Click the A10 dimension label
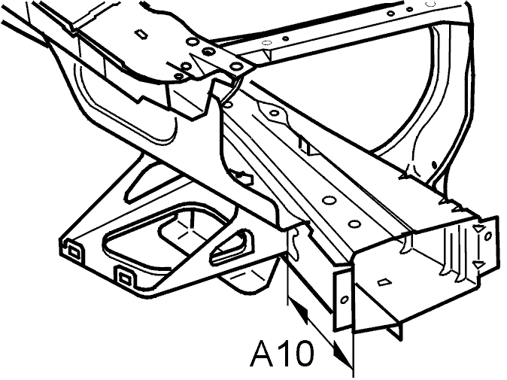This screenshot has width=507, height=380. (x=282, y=353)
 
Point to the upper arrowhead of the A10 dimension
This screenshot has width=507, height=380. (x=299, y=311)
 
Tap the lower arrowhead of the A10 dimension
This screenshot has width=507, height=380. (x=342, y=354)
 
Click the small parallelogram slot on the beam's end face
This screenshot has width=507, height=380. (x=384, y=282)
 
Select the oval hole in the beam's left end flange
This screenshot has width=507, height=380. (x=345, y=300)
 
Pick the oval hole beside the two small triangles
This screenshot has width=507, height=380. (x=488, y=236)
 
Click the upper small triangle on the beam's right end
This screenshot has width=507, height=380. (x=478, y=229)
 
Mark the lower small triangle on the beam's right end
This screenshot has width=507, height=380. (x=478, y=265)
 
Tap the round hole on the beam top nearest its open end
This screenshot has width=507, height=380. (x=354, y=224)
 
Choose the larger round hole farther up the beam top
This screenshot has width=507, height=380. (x=329, y=200)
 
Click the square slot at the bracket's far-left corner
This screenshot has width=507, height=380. (x=73, y=252)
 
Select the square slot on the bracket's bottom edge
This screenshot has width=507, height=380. (x=125, y=277)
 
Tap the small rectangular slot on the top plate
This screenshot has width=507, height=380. (x=141, y=33)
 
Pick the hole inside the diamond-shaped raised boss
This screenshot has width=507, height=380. (x=275, y=113)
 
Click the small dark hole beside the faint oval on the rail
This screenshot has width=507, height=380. (x=286, y=38)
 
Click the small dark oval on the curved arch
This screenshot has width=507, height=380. (x=434, y=165)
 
